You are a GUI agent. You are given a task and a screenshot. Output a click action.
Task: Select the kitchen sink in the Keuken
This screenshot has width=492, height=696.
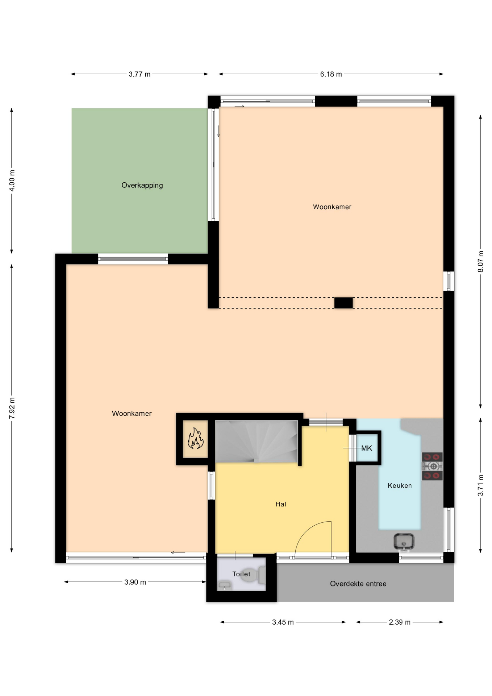coord(404,542)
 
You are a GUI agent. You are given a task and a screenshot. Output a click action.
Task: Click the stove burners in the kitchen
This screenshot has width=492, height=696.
coord(432,466)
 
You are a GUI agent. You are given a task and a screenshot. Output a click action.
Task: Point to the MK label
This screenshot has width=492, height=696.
coord(367,448)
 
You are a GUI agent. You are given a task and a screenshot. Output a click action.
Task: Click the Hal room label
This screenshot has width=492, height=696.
coord(281,504)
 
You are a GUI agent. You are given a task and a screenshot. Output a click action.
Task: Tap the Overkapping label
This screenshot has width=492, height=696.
coord(142,185)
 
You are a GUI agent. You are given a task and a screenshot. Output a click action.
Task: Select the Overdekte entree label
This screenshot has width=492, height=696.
coord(358,584)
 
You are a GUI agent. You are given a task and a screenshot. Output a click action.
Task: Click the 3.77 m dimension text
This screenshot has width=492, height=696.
coord(139,74)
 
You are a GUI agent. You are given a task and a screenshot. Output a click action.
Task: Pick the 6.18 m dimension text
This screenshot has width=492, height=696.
coord(331,74)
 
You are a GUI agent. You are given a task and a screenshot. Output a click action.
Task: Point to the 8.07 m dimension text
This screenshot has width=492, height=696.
coord(480,261)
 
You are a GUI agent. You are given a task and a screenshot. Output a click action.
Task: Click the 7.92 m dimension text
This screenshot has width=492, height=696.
coord(12,408)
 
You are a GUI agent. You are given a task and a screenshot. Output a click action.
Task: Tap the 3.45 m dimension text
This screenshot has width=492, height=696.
coord(283,622)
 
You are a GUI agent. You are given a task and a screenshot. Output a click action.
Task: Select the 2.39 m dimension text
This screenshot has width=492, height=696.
coord(400,622)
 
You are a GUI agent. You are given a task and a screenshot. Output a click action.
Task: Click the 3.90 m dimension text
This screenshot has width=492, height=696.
coord(135,582)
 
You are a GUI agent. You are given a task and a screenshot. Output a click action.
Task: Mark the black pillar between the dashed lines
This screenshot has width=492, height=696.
coord(343,303)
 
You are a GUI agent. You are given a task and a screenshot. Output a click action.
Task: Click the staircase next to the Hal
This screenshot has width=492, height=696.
coord(257,441)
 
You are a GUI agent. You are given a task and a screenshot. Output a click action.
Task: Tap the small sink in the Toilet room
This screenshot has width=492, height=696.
coord(225,585)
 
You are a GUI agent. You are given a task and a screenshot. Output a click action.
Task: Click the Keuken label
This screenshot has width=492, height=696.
coord(400,486)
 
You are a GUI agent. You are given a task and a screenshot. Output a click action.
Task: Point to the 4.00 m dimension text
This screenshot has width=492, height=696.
coord(12,181)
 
